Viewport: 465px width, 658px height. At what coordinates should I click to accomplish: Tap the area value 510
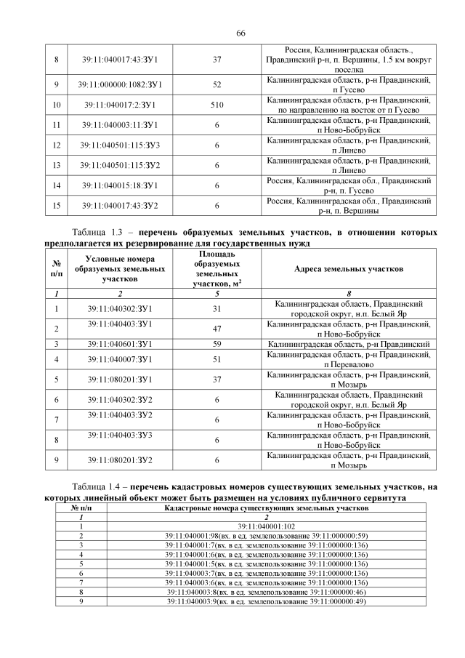click(x=217, y=105)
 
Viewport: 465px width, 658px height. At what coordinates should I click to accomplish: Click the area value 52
click(x=217, y=85)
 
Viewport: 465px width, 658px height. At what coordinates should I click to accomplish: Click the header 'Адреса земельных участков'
click(x=349, y=269)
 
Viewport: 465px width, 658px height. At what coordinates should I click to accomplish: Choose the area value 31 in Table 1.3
click(x=217, y=308)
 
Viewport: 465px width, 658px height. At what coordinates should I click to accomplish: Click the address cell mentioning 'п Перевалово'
click(x=349, y=358)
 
